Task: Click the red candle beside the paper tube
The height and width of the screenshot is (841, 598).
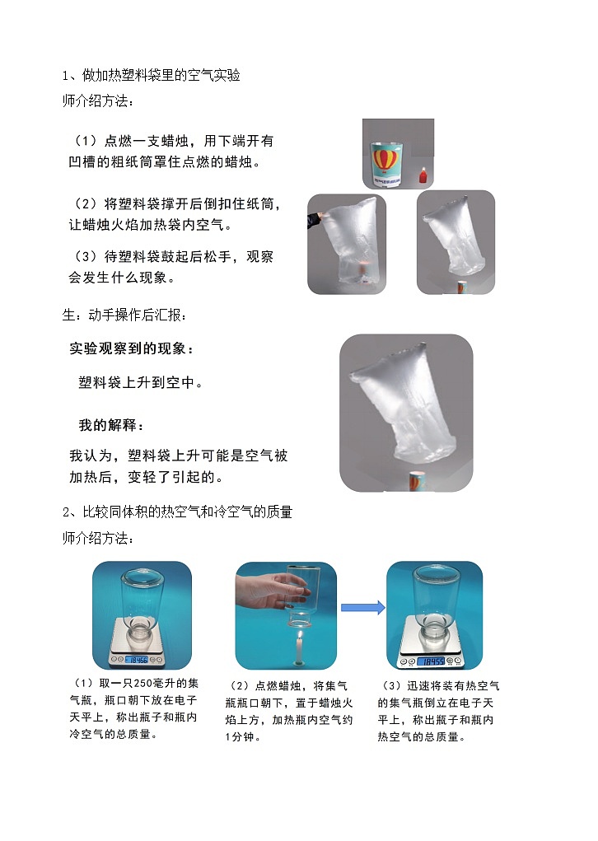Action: point(423,176)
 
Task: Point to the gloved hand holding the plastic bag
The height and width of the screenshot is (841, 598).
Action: point(315,220)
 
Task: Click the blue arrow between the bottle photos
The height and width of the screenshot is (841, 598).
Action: point(362,608)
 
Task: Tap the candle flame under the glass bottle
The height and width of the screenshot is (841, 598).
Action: point(299,637)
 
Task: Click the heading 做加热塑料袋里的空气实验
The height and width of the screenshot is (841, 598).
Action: point(161,76)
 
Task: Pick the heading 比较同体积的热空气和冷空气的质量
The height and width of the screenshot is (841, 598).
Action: point(187,512)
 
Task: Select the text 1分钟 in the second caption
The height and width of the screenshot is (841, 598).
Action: point(240,737)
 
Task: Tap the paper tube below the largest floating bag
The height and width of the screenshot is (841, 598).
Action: point(417,481)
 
